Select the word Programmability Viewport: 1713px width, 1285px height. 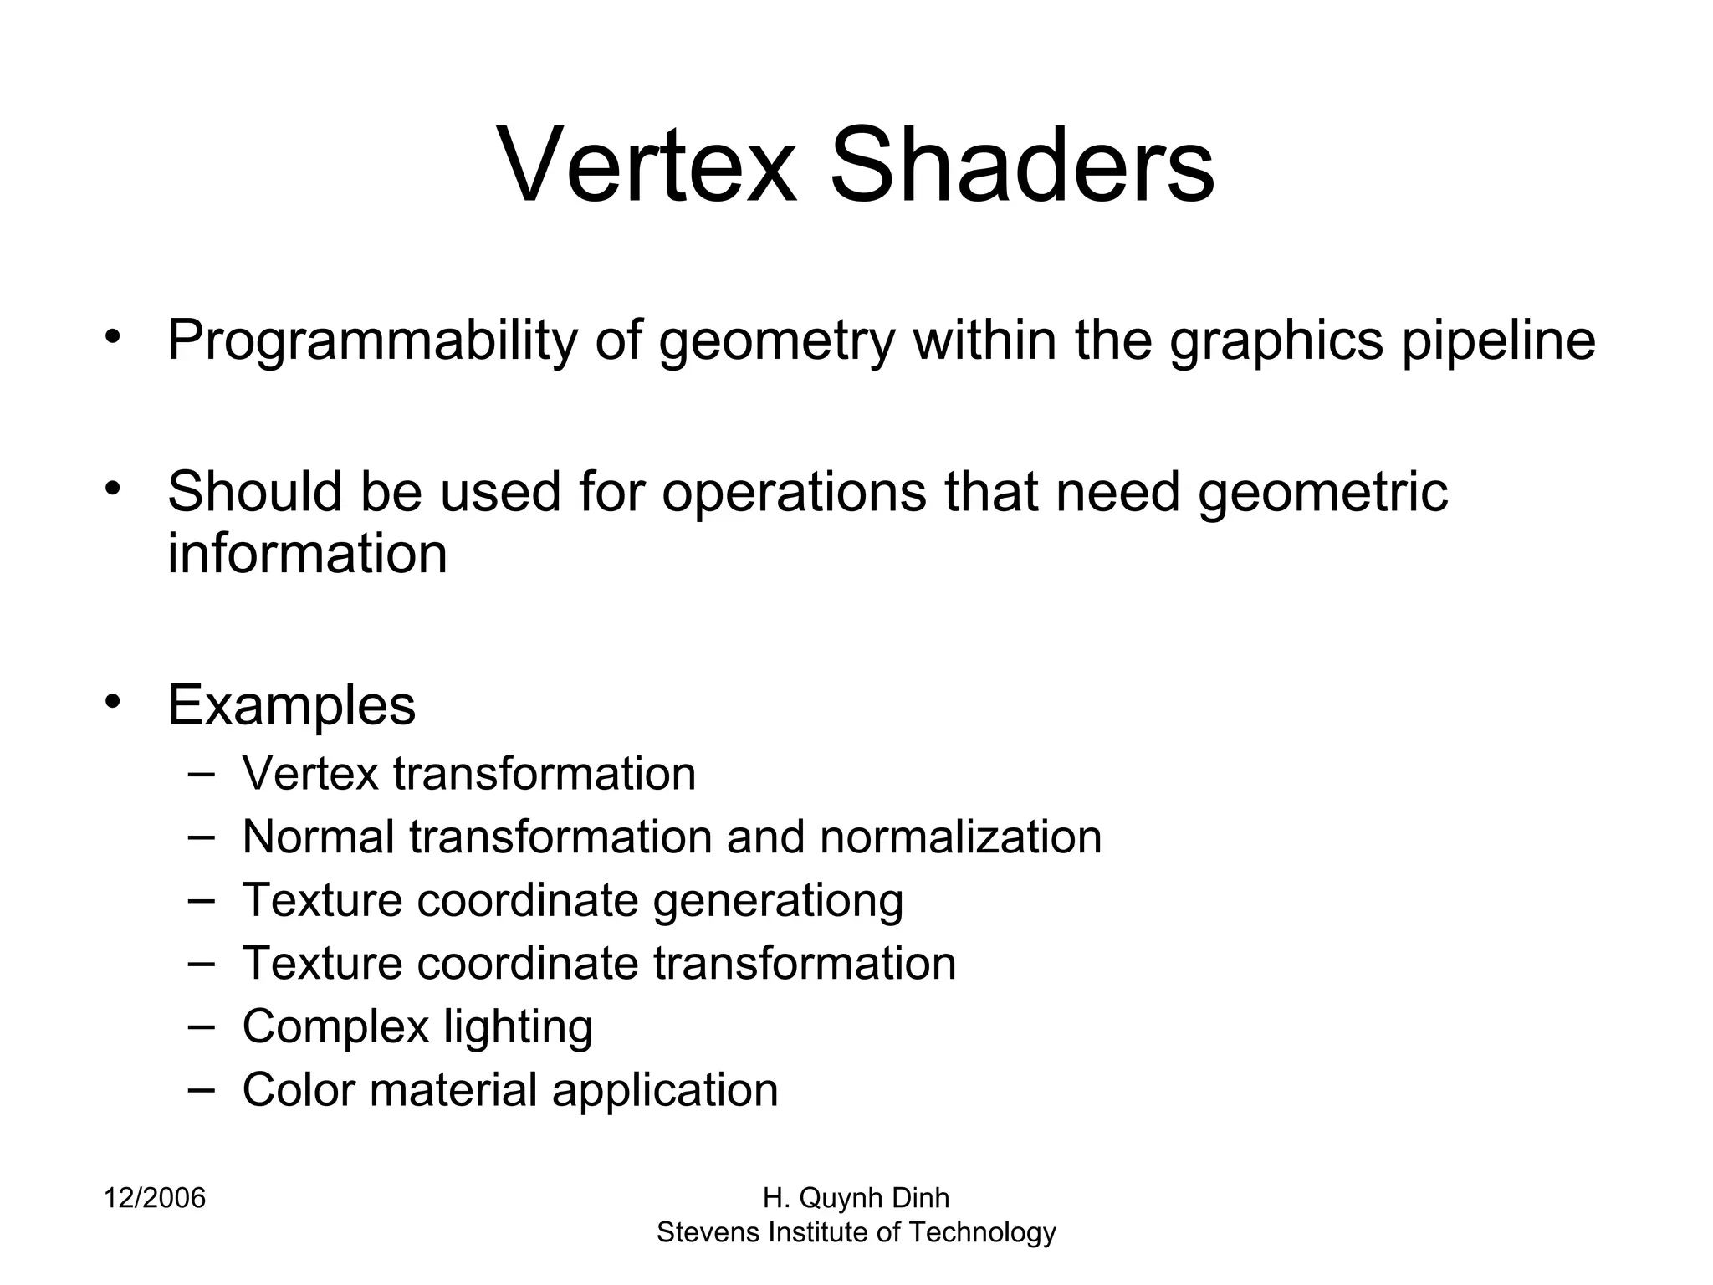click(372, 341)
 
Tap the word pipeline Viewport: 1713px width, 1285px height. click(1498, 341)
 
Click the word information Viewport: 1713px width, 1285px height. click(307, 554)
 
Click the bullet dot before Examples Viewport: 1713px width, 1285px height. click(114, 699)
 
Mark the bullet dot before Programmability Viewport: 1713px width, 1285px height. click(114, 335)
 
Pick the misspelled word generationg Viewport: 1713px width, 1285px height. click(778, 901)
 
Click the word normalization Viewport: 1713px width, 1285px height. click(960, 837)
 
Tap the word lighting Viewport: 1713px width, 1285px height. click(518, 1027)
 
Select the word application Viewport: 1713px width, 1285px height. click(665, 1091)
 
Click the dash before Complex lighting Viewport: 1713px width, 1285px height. click(201, 1025)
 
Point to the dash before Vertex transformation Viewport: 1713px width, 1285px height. click(201, 772)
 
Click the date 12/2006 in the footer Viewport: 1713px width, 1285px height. click(155, 1199)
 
